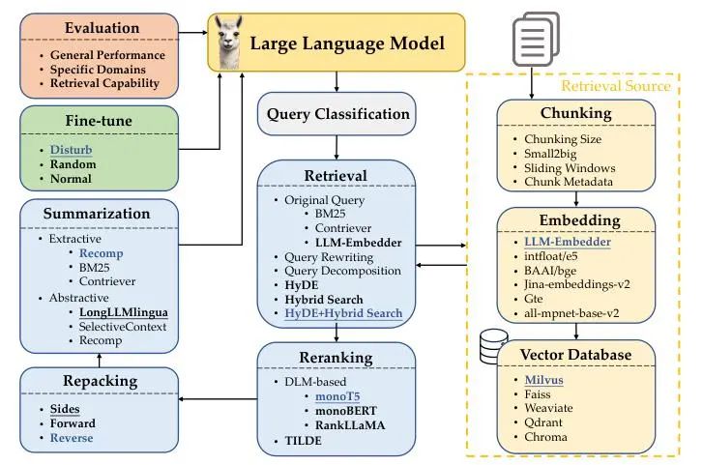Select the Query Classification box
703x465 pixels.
point(337,113)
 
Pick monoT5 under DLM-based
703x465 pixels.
point(336,396)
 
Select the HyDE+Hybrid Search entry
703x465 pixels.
point(343,314)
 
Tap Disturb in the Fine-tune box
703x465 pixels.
point(73,151)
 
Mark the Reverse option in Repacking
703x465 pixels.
point(73,438)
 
